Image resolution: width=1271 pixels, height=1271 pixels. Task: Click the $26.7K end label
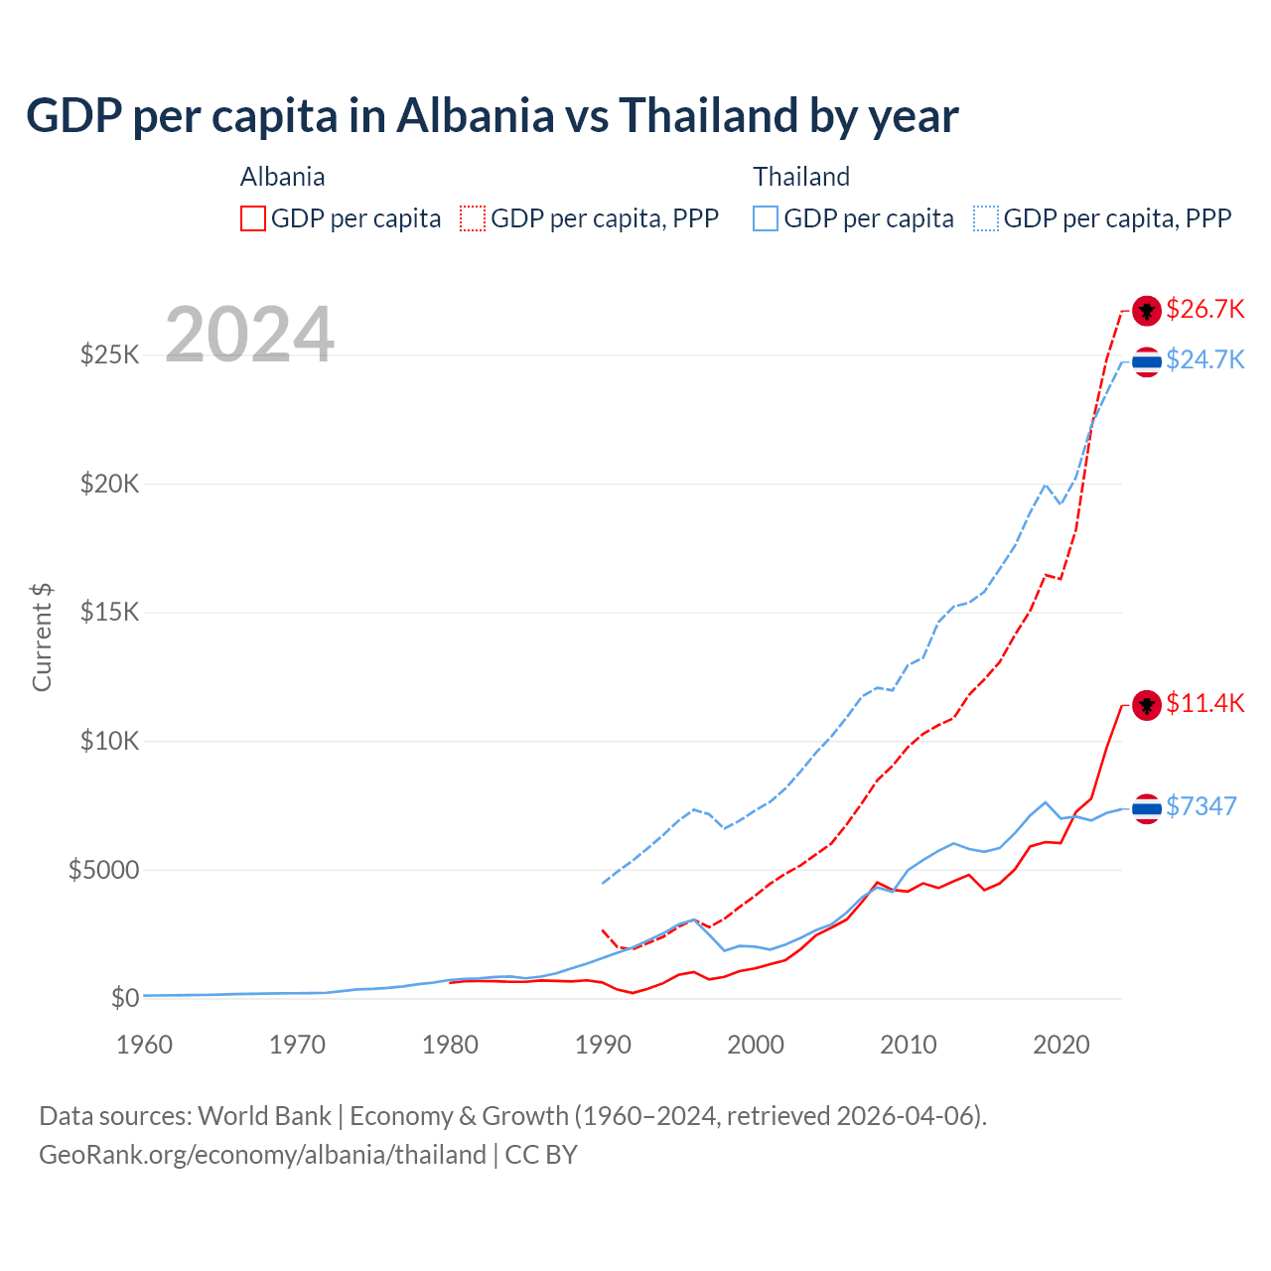1204,310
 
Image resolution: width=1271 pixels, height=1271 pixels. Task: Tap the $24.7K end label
1204,359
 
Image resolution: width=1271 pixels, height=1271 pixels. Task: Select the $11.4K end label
1204,704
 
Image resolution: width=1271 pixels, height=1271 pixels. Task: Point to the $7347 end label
1200,806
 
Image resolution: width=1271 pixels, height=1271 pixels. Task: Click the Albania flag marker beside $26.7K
1147,311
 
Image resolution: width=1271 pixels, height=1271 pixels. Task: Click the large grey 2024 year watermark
249,335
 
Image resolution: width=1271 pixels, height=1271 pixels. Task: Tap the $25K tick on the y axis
109,354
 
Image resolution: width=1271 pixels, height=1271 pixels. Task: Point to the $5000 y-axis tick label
103,871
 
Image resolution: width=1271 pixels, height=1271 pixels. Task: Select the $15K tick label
109,613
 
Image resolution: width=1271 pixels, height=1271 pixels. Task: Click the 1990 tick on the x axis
603,1045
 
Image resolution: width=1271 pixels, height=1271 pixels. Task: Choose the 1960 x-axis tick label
145,1045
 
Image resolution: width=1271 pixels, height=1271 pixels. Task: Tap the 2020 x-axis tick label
1061,1045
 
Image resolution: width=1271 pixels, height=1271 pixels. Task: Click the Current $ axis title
42,637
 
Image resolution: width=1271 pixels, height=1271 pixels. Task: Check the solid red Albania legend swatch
253,218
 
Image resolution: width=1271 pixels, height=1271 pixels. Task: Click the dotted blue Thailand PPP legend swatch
986,218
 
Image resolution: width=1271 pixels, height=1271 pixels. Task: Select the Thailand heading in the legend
801,177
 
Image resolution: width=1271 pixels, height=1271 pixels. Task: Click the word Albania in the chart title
475,116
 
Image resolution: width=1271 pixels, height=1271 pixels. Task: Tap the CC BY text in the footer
541,1155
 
